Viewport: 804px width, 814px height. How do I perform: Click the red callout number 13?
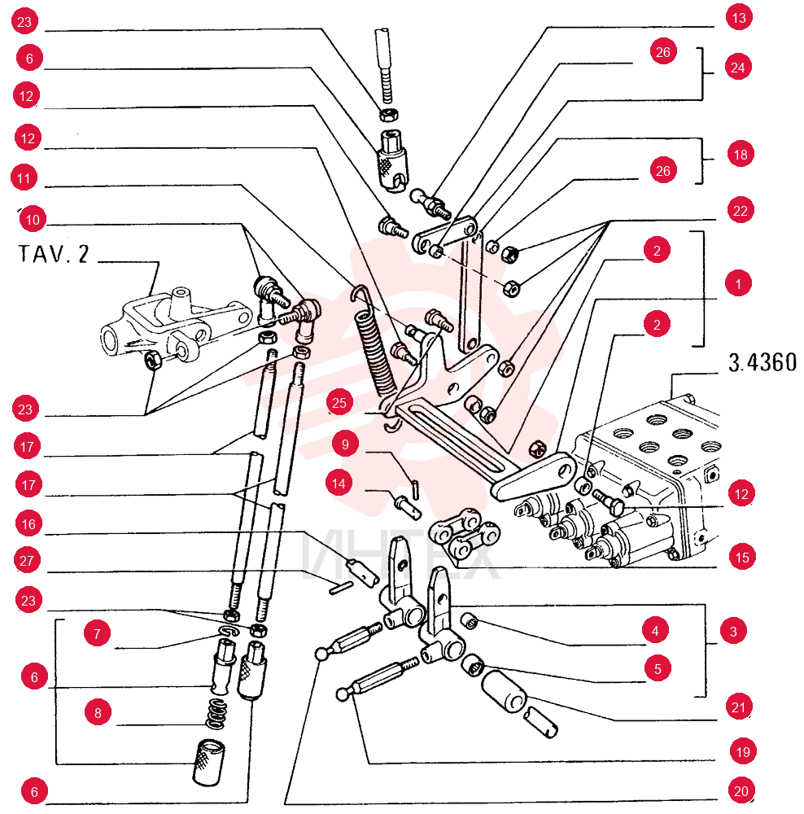[739, 18]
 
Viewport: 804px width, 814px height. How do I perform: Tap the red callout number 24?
[737, 68]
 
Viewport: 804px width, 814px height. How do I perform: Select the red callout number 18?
[741, 154]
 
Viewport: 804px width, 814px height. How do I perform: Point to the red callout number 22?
[741, 210]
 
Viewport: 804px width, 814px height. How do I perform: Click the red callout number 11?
[24, 178]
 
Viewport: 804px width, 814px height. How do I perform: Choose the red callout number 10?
[33, 220]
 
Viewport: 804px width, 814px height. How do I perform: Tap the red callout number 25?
[339, 403]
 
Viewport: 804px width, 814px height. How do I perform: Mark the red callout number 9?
[345, 444]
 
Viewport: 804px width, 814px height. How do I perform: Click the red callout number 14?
[339, 484]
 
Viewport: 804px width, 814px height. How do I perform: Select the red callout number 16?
[28, 523]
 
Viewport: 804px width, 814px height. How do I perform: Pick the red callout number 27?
[27, 560]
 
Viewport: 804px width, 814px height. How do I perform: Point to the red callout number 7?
[97, 633]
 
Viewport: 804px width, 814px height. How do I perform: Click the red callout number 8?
[98, 712]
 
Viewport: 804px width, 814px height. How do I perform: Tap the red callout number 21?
[738, 707]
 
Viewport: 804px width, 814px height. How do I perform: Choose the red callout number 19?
[743, 751]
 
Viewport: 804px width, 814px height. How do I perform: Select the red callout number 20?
[741, 790]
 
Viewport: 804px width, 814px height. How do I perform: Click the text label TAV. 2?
[54, 254]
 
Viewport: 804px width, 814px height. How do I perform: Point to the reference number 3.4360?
[762, 362]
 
